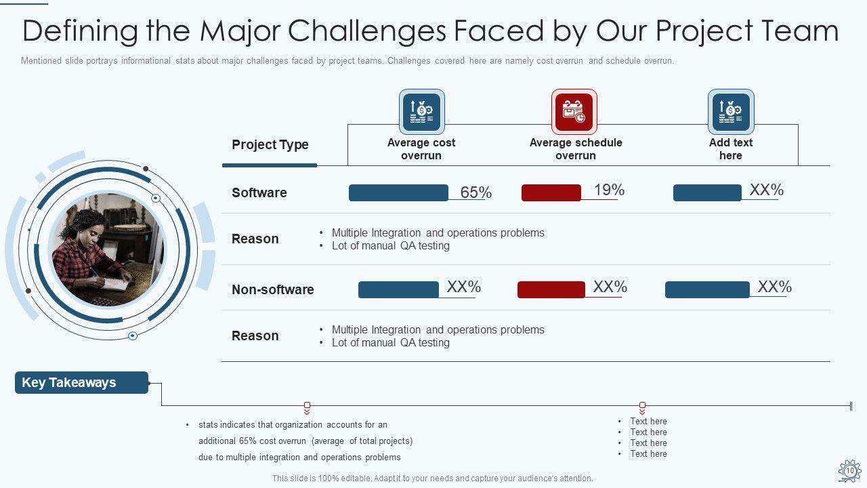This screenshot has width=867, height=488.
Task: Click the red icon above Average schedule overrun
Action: [574, 111]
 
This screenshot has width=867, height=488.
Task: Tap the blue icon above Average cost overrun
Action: [421, 111]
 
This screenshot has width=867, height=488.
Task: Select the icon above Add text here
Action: [731, 111]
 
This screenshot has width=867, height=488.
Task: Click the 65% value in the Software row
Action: [475, 192]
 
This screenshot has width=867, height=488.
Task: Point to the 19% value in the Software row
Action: [609, 190]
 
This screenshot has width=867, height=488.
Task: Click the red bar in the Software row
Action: [551, 192]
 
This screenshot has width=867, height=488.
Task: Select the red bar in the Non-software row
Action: [551, 289]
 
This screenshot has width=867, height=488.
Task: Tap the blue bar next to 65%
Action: [398, 192]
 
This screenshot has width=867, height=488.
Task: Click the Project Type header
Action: [270, 144]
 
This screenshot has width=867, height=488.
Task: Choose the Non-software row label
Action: [272, 289]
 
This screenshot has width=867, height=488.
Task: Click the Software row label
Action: [259, 192]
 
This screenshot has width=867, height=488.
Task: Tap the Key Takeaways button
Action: [81, 382]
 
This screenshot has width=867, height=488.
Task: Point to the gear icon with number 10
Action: [849, 470]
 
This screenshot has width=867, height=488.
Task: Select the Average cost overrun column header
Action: [421, 149]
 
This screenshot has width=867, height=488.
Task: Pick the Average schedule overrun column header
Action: [576, 149]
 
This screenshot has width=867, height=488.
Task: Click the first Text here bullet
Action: [648, 421]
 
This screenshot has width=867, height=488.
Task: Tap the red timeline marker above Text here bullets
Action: [642, 405]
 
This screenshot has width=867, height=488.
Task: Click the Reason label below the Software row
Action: [255, 239]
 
